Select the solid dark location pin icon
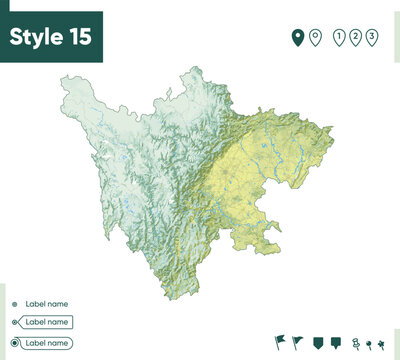(297, 38)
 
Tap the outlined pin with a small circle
(315, 38)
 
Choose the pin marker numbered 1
(339, 38)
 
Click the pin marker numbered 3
(372, 38)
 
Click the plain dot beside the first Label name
(14, 304)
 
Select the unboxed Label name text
(46, 304)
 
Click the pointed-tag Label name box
(46, 322)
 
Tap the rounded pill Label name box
(47, 343)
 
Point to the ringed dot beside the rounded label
(14, 343)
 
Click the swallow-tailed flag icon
(279, 343)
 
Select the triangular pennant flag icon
(298, 343)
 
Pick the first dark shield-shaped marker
(318, 343)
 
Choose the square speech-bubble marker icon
(336, 343)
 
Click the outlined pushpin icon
(356, 343)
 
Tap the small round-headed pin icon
(369, 344)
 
